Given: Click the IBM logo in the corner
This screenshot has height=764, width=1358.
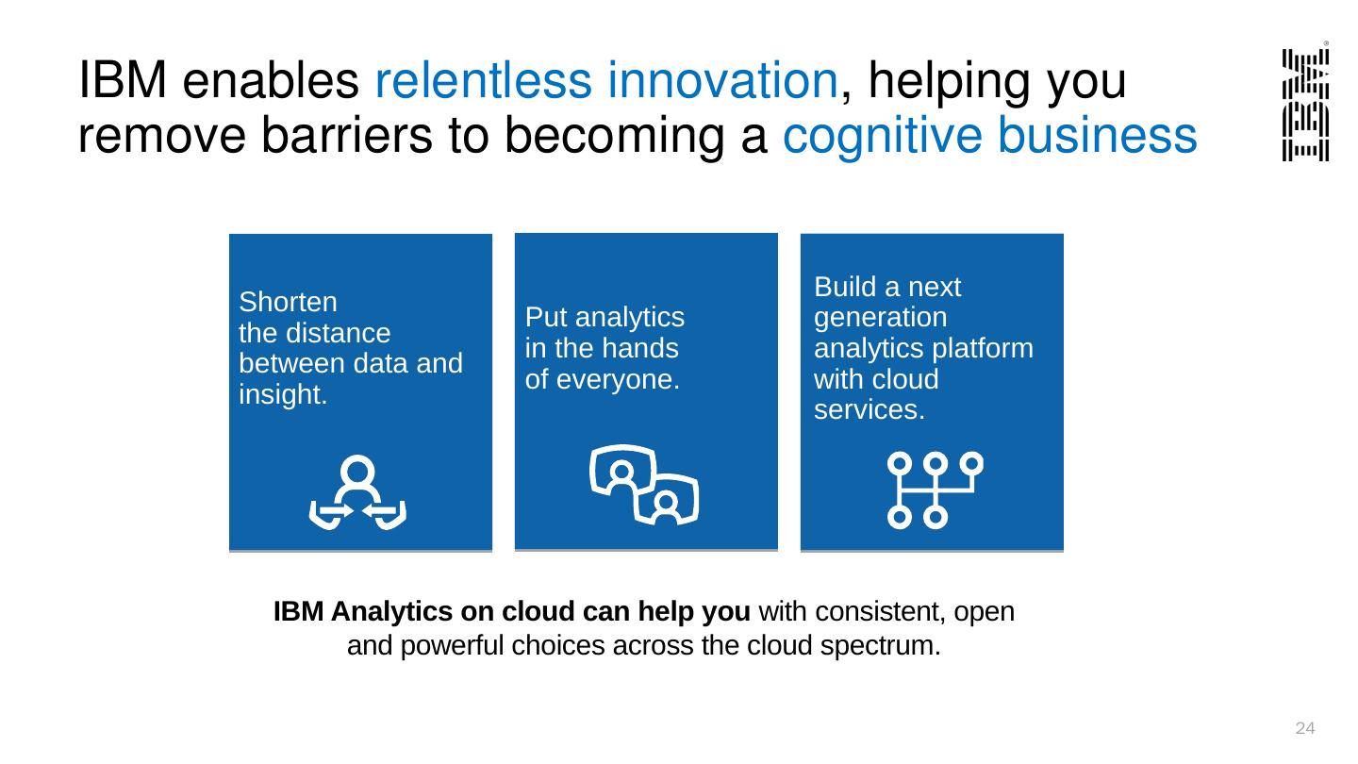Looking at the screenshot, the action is point(1305,104).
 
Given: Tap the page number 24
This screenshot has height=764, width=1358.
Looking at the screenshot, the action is point(1305,728).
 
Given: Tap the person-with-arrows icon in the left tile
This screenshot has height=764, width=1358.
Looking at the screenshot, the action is point(357,493).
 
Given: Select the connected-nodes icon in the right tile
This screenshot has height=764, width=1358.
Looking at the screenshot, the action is point(934,490).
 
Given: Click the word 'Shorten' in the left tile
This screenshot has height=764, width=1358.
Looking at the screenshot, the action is point(288,303).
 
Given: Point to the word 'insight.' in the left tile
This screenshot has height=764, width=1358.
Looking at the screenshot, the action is point(283,395).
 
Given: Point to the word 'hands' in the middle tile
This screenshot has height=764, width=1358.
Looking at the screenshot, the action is point(646,349).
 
